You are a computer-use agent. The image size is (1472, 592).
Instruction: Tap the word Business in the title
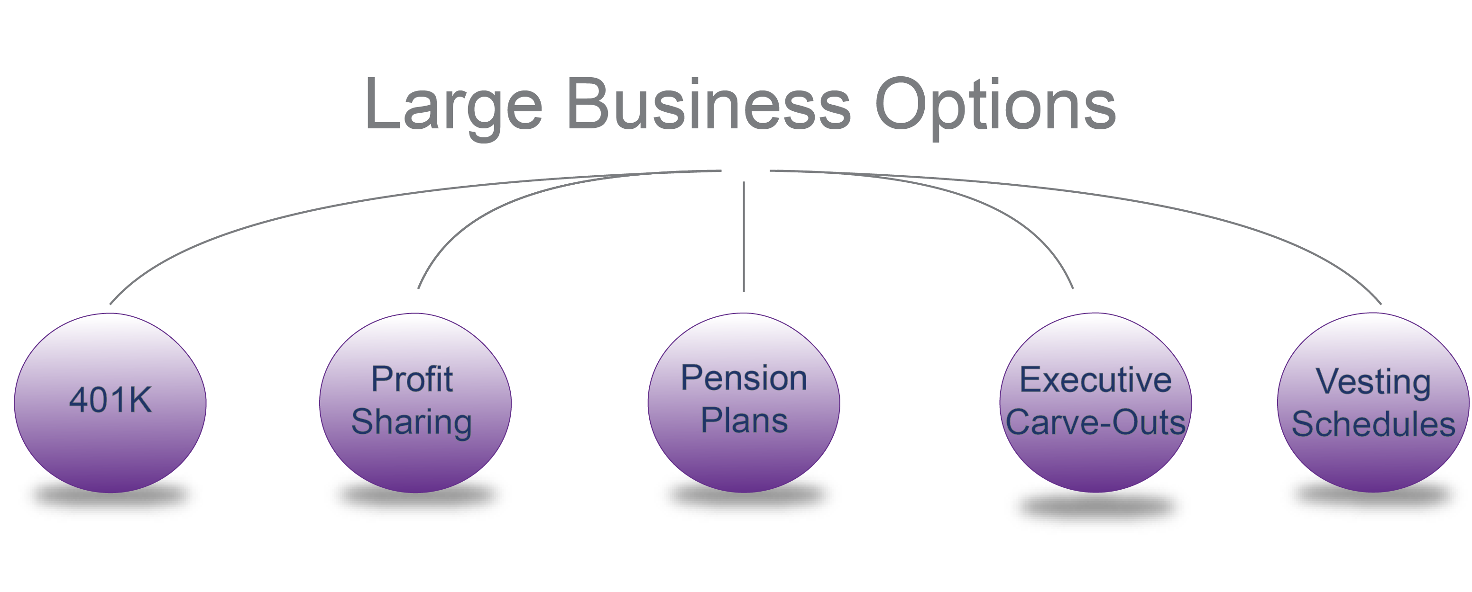point(708,105)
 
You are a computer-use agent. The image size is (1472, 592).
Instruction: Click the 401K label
point(110,400)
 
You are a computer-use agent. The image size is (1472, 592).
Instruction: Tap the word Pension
point(744,378)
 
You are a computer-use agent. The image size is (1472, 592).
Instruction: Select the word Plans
point(744,421)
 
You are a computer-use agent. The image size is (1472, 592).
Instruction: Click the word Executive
point(1095,380)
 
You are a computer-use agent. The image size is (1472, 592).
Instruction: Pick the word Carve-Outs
point(1095,422)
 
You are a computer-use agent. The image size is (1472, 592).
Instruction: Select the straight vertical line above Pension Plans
point(744,237)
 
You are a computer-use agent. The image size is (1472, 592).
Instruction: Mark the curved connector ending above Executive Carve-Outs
point(1000,211)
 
